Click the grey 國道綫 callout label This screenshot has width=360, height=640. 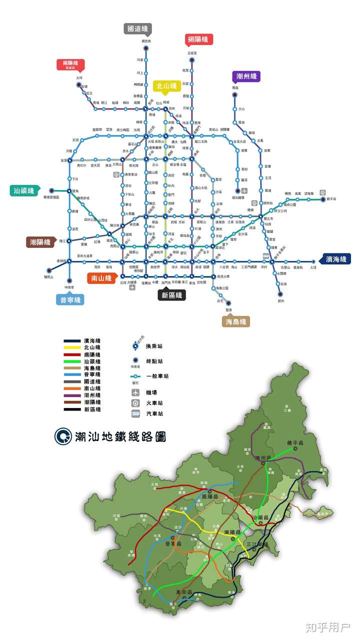pos(137,28)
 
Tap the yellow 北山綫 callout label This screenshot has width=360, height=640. pos(166,86)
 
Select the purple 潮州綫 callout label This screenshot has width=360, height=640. pos(246,76)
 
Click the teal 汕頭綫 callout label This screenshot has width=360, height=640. pos(23,190)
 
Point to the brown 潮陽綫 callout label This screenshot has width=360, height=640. pos(40,242)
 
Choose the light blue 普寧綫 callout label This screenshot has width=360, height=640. pos(69,299)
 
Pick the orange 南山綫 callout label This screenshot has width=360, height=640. pos(101,278)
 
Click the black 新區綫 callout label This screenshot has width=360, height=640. pos(171,295)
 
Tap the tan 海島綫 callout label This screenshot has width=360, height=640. pos(235,321)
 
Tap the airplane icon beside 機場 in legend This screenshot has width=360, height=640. pos(135,392)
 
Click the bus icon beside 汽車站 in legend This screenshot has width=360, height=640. pos(135,413)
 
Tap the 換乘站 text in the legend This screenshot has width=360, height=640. pos(154,346)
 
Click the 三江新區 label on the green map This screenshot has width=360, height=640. pos(257,544)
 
